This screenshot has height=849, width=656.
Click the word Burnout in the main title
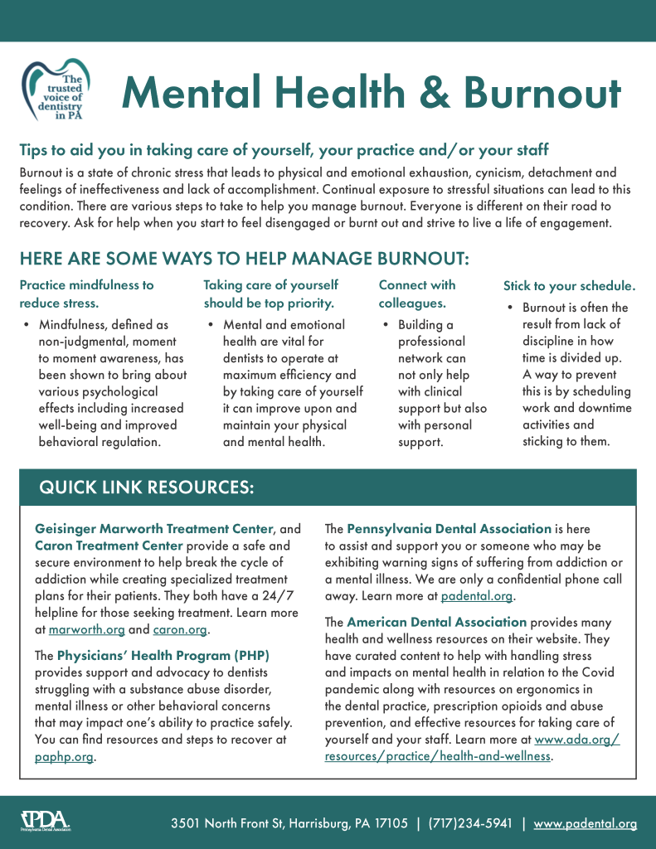tap(542, 93)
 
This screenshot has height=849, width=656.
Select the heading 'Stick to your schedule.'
tap(570, 286)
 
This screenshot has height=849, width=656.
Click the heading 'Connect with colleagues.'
tap(417, 294)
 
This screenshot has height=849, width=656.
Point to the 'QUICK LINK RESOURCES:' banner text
tap(147, 488)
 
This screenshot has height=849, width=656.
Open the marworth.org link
tap(86, 631)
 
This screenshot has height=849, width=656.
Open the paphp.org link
tap(64, 756)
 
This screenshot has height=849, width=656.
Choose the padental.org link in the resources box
tap(477, 595)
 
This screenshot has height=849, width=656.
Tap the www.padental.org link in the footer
tap(586, 823)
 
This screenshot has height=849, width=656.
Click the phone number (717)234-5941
tap(470, 823)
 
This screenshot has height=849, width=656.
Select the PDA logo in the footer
tap(45, 822)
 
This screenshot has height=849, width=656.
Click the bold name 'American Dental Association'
tap(436, 622)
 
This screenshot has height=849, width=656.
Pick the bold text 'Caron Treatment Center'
tap(109, 546)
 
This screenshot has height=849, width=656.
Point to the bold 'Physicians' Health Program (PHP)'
tap(163, 656)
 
